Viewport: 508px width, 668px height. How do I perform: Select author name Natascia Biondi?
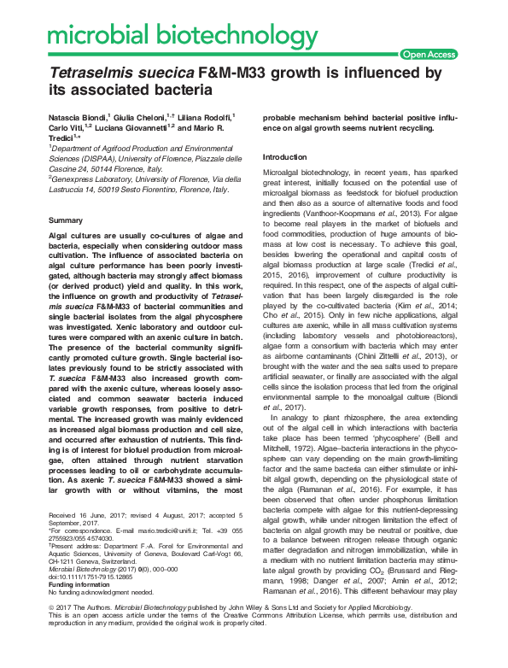point(79,115)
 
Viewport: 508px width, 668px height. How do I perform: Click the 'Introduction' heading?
point(285,157)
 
